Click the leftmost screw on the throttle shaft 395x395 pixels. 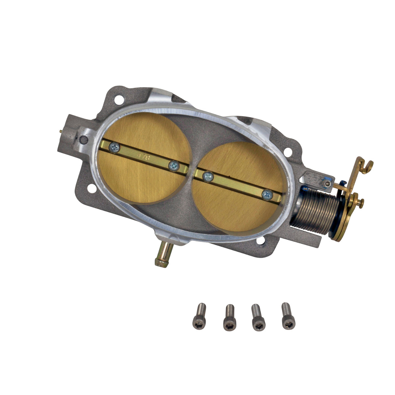pos(115,147)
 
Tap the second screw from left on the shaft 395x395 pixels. pos(173,166)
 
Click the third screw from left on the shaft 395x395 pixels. pos(207,177)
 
